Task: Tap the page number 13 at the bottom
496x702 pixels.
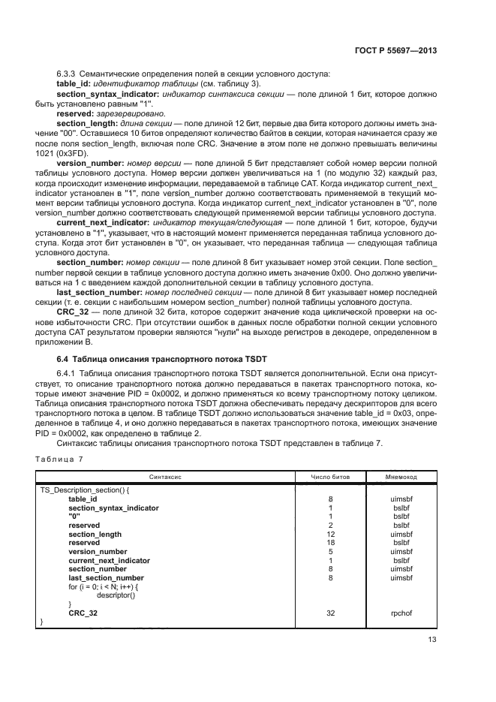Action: click(x=432, y=640)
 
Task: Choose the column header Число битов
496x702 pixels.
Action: click(x=330, y=477)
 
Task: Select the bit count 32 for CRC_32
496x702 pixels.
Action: click(x=330, y=613)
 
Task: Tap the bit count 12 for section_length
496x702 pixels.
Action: click(x=330, y=534)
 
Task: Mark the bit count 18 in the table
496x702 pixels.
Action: click(x=330, y=543)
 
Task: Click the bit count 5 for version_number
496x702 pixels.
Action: click(x=330, y=551)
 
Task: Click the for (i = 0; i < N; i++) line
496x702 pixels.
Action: click(x=104, y=586)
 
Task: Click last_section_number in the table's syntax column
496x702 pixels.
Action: click(x=106, y=577)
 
